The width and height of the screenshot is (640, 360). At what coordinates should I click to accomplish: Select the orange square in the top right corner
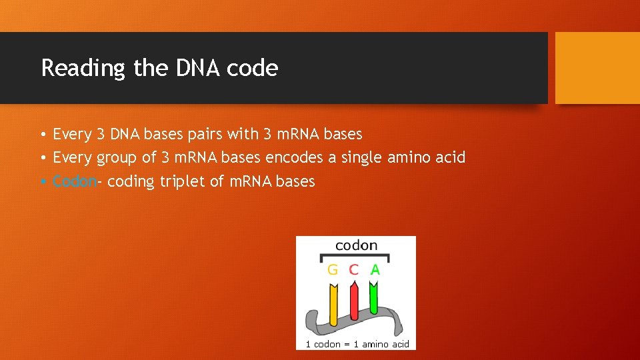click(597, 68)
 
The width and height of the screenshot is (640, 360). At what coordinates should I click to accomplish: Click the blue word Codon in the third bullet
click(75, 181)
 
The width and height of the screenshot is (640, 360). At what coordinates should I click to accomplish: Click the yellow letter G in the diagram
click(333, 270)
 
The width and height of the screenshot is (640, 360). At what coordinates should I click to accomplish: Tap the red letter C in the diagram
click(353, 270)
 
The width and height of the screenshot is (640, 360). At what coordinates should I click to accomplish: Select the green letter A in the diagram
click(375, 270)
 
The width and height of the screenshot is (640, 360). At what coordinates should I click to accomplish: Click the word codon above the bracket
click(356, 245)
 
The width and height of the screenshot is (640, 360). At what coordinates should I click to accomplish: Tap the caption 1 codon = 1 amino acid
click(357, 344)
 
